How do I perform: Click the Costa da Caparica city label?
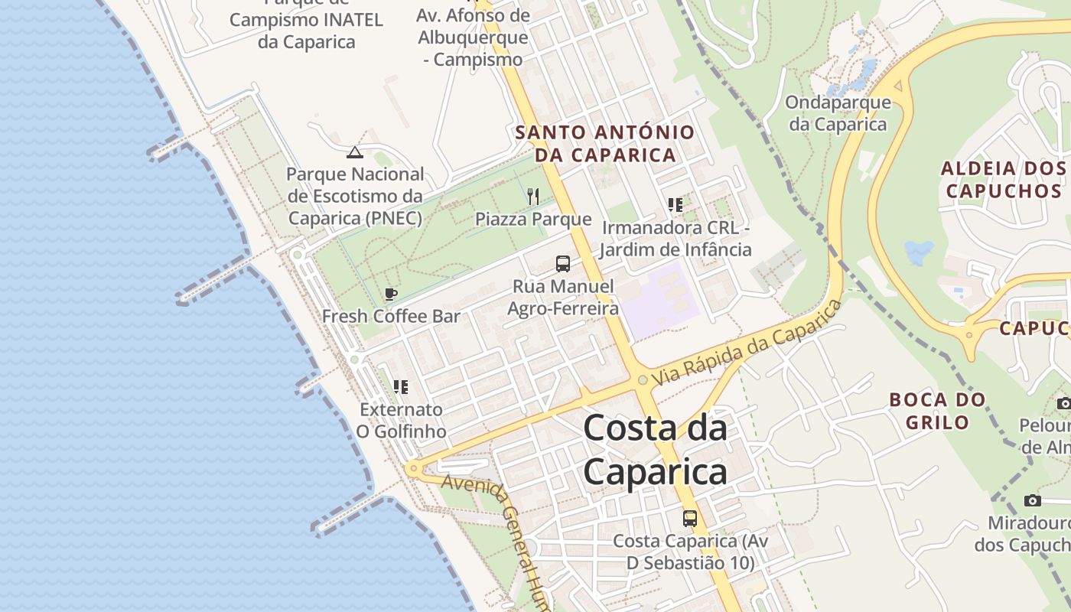point(655,451)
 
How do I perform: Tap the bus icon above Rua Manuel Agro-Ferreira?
point(563,264)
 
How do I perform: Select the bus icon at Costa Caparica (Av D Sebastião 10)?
point(690,519)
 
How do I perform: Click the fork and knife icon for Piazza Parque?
point(533,197)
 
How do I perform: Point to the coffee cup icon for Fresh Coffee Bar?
point(391,294)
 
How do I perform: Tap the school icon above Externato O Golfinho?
point(400,387)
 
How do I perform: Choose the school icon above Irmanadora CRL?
point(675,204)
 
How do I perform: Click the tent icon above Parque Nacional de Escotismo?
point(354,152)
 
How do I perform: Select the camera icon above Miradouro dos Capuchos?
point(1033,501)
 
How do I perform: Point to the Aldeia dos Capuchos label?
point(1002,180)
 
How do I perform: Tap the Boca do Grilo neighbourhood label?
point(937,411)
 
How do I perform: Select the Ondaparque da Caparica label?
point(838,113)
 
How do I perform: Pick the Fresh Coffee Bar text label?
point(391,316)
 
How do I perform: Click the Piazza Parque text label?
point(533,220)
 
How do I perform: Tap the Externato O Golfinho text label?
point(401,421)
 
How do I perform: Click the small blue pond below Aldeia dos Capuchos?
point(918,252)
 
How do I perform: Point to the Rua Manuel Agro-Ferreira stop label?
point(563,298)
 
